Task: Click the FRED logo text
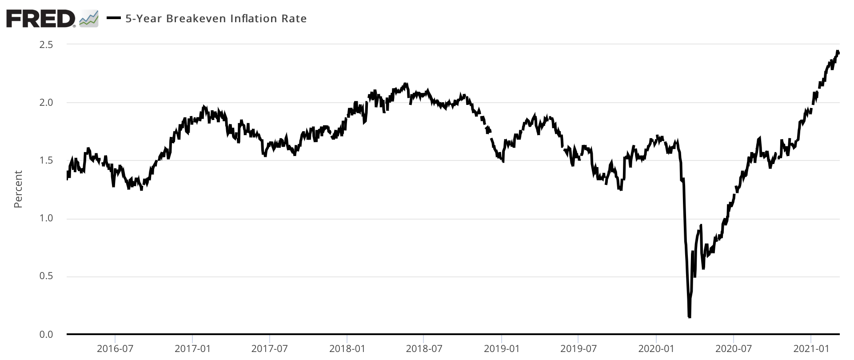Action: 40,18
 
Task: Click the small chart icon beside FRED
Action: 88,19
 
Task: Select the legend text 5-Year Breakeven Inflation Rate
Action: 216,19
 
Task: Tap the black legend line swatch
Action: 114,19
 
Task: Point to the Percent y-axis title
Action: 18,189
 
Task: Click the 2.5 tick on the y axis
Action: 47,45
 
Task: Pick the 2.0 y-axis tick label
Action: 47,103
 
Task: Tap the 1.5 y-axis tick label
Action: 47,160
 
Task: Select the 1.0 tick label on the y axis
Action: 47,219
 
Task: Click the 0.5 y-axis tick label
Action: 47,276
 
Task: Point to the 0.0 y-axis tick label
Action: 47,334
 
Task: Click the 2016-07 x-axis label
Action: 115,349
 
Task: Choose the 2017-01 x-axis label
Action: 192,349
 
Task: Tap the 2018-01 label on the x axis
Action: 347,349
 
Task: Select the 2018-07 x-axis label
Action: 424,349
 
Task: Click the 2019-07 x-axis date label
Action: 578,349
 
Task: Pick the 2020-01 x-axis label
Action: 656,349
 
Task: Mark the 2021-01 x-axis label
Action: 811,349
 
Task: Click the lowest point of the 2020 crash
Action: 689,317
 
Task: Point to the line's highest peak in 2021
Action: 837,52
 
